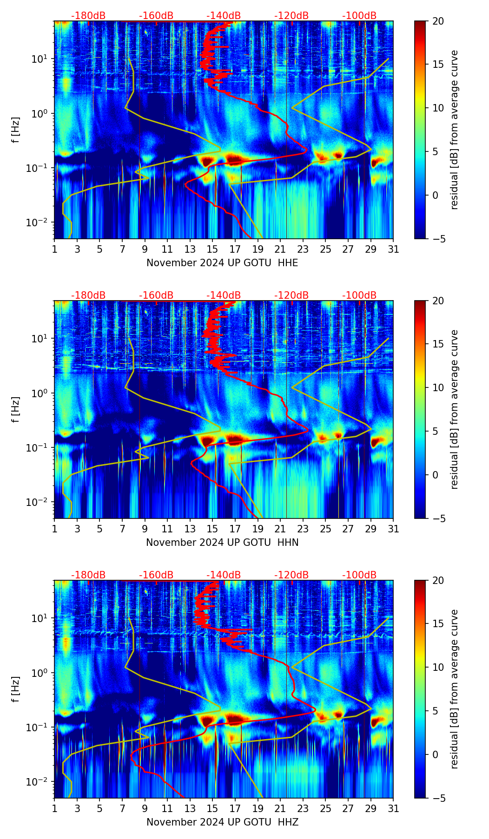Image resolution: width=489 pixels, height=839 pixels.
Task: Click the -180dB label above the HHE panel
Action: coord(88,16)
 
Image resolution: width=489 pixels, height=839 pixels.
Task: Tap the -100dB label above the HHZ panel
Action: coord(359,575)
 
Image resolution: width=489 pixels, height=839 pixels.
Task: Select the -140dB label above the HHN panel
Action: coord(224,295)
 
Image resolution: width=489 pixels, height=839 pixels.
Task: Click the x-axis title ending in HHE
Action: coord(222,263)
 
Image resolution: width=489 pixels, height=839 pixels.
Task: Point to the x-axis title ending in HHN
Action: coord(222,543)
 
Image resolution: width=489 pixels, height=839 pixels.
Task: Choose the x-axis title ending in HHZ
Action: coord(222,822)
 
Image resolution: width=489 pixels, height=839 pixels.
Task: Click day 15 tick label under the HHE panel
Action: coord(212,249)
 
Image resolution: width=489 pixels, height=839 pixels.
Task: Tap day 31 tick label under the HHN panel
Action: coord(393,529)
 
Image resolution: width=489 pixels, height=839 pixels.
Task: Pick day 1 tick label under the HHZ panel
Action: coord(54,809)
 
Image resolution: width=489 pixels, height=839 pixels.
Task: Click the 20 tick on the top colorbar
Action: coord(437,21)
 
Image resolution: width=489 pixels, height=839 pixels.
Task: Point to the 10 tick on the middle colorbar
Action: coord(437,387)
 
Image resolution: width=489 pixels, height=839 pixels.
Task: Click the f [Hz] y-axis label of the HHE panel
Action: coord(16,130)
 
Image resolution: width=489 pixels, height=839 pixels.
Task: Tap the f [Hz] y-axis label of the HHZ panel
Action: coord(16,689)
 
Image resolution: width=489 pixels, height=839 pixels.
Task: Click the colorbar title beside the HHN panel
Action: coord(455,409)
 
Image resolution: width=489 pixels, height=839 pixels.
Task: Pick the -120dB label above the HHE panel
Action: coord(291,16)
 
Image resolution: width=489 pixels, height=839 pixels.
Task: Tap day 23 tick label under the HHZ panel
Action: coord(303,809)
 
